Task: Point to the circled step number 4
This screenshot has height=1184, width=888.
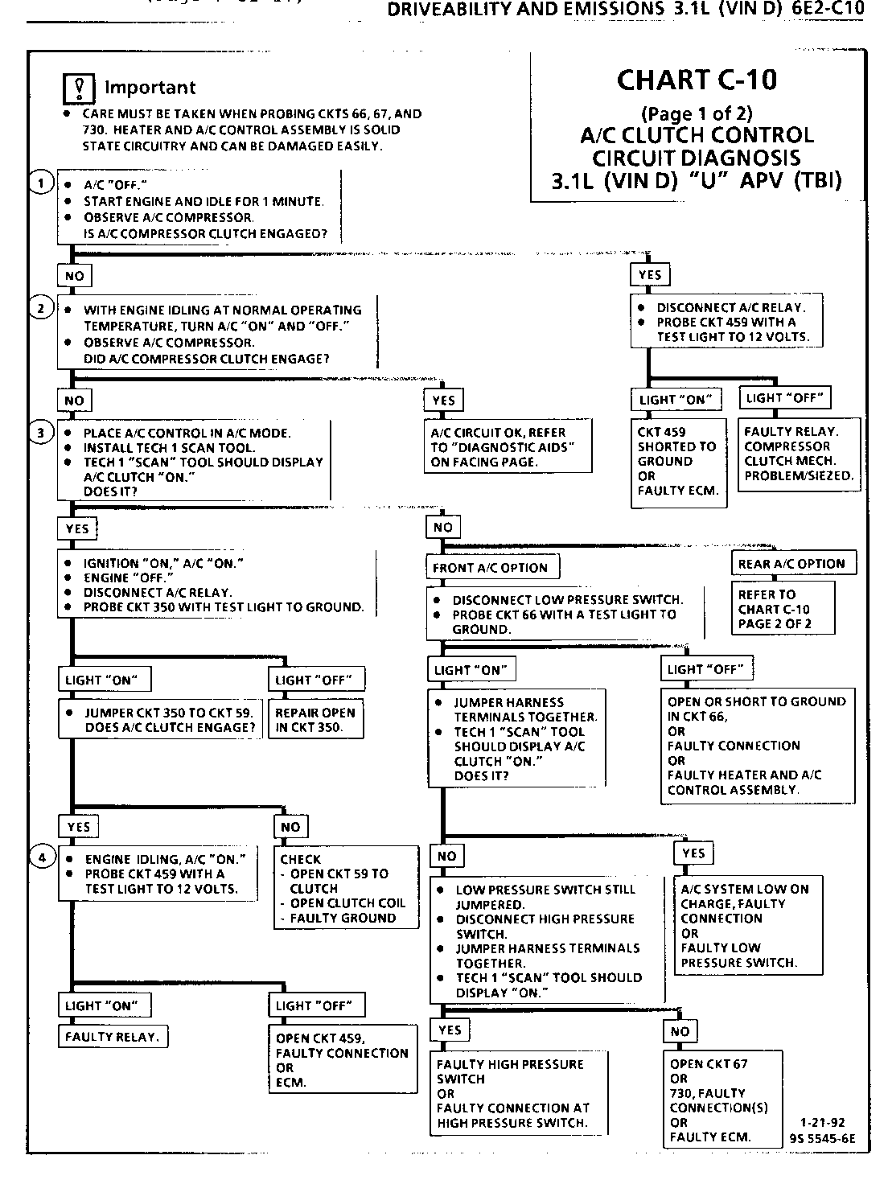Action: point(42,857)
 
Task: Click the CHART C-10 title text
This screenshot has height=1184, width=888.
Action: point(697,80)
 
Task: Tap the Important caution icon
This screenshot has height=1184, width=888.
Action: point(79,87)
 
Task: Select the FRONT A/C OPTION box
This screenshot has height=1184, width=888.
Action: point(491,567)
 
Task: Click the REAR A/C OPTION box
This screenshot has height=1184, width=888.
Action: point(792,564)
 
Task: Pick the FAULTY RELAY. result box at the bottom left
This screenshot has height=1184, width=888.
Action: point(112,1037)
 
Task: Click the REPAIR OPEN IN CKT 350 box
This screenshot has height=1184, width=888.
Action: point(315,720)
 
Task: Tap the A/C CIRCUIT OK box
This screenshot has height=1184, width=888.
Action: point(508,447)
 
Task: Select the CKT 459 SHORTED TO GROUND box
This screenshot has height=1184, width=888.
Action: point(678,461)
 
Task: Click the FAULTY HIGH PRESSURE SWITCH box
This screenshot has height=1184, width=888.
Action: point(518,1093)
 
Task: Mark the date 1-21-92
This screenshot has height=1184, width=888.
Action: point(822,1123)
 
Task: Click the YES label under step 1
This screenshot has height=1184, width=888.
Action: point(650,275)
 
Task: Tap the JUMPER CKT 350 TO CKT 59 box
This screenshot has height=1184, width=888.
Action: point(158,720)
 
